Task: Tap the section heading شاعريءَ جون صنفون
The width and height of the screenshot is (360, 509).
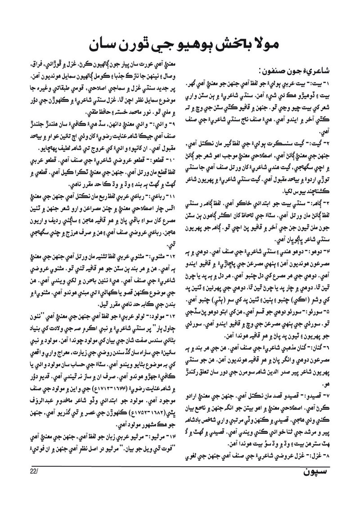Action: (x=297, y=71)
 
